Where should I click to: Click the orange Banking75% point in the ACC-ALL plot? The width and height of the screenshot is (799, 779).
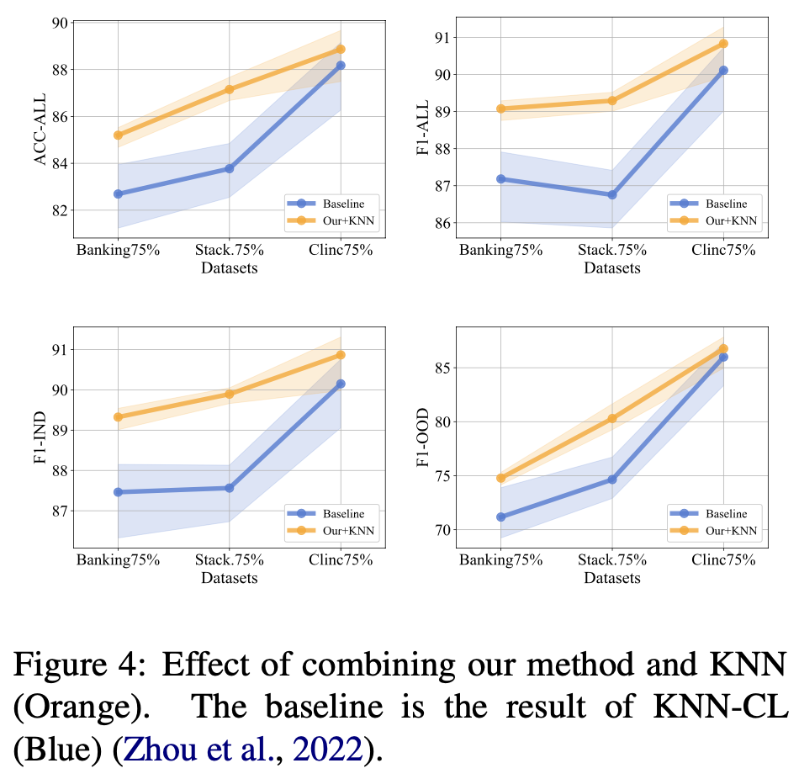(118, 135)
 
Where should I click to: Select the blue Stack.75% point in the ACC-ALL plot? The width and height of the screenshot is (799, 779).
(230, 168)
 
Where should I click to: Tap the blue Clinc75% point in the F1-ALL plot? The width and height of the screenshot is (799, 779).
(723, 71)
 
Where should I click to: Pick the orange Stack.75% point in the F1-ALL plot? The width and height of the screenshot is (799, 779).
(612, 101)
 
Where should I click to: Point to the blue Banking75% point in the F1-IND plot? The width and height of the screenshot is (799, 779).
(118, 492)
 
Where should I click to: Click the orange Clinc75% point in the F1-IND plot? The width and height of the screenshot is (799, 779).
(341, 355)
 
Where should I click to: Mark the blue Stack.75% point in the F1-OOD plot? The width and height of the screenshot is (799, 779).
(612, 480)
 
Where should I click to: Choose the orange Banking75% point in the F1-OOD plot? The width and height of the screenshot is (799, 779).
(500, 478)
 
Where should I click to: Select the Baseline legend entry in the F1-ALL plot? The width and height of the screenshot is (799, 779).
(715, 203)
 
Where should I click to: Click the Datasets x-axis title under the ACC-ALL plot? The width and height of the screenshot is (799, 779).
(230, 268)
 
